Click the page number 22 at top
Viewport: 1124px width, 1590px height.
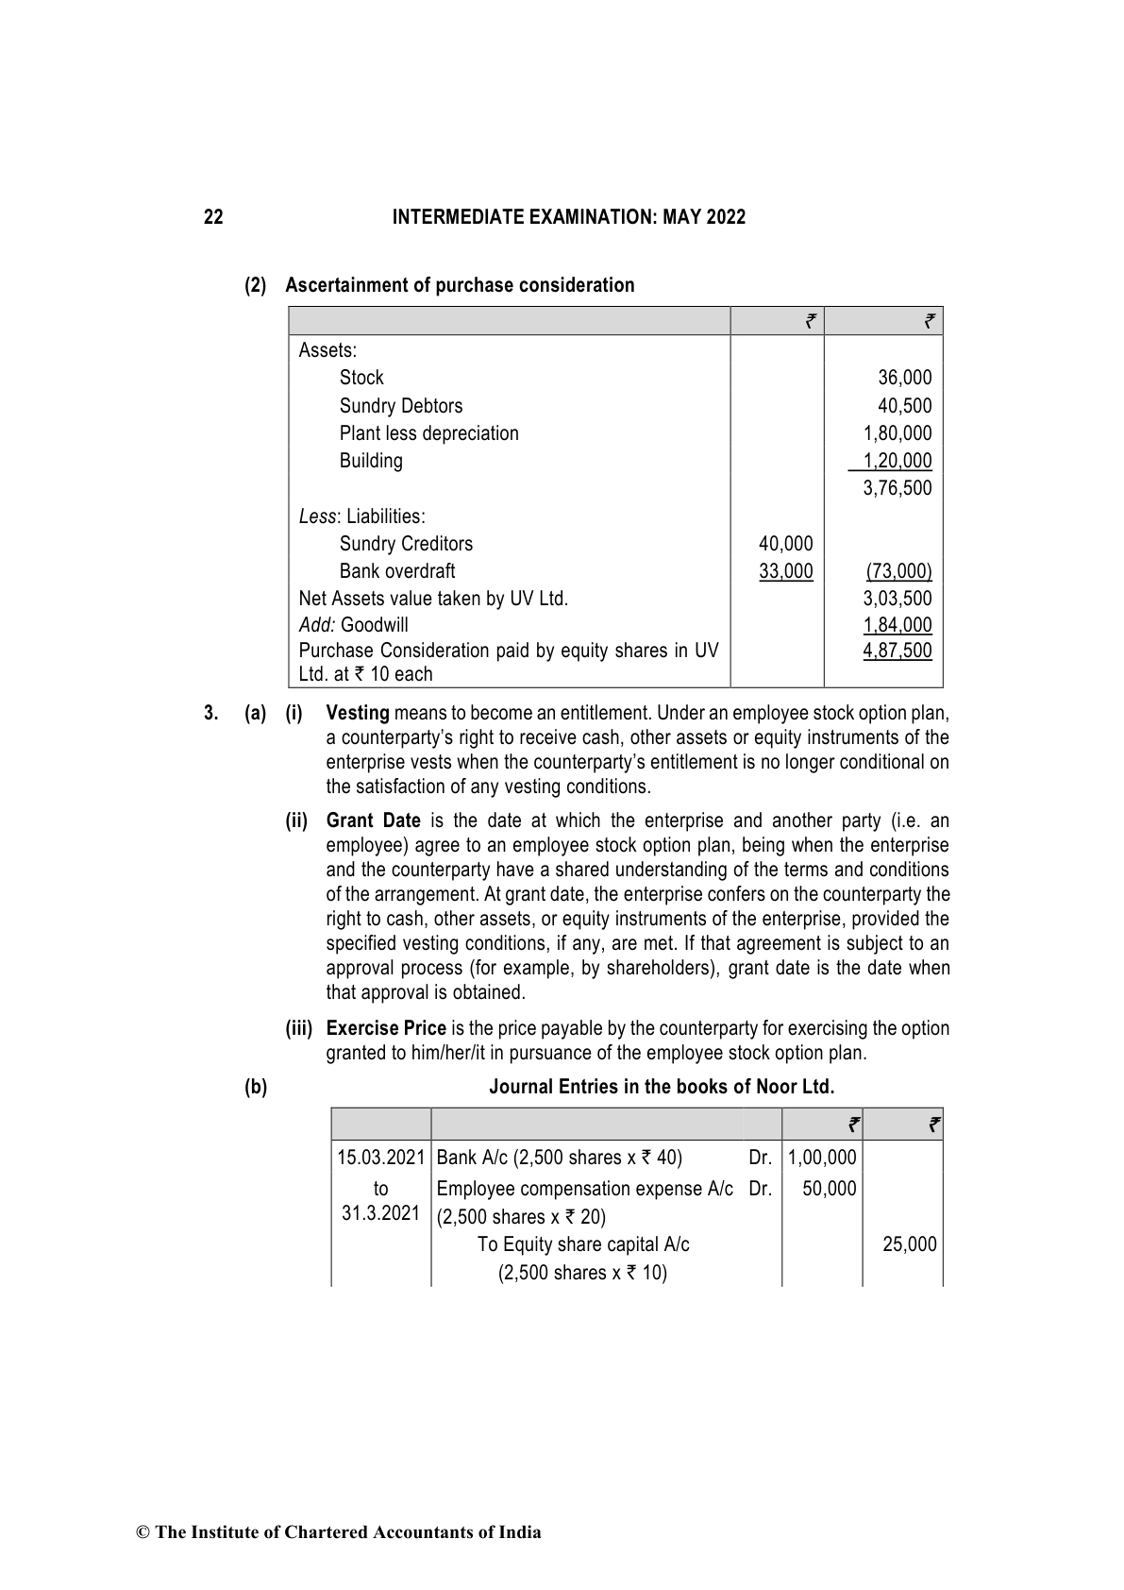(x=213, y=217)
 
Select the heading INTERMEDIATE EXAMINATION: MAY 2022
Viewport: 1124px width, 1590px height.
(x=568, y=217)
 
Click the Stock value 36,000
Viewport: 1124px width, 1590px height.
(x=904, y=378)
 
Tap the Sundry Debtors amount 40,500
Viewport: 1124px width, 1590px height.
(x=904, y=406)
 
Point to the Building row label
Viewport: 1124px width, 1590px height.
(x=371, y=461)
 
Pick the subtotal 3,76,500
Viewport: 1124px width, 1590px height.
(x=897, y=488)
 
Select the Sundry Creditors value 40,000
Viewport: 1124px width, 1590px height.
(x=785, y=544)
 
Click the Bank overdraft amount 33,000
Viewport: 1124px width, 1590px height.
(x=785, y=571)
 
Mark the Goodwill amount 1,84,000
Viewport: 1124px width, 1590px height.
(x=897, y=625)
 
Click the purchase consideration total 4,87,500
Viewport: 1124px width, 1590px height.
(x=897, y=651)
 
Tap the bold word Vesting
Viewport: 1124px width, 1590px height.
(x=358, y=713)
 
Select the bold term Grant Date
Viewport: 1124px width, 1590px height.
(x=373, y=820)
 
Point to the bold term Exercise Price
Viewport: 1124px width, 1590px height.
(x=386, y=1028)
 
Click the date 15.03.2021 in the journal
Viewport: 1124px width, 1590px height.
(x=381, y=1158)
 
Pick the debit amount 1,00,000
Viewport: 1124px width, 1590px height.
(x=821, y=1158)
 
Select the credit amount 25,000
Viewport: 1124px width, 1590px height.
(x=909, y=1244)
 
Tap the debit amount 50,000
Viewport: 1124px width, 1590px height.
(x=829, y=1189)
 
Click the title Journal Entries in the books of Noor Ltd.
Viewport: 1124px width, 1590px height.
(x=662, y=1087)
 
